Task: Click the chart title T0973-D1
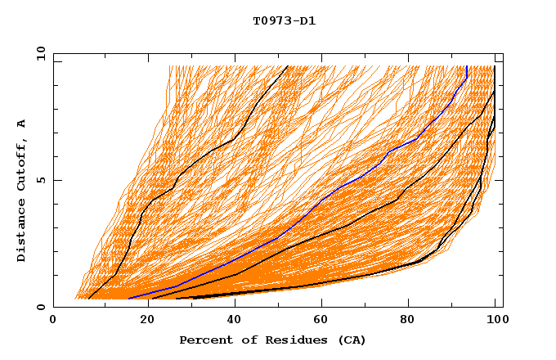[x=284, y=20]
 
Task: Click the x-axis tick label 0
[x=54, y=321]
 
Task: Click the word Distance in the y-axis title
[x=22, y=230]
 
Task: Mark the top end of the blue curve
[x=466, y=66]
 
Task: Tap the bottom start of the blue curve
[x=128, y=298]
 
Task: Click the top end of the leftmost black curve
[x=287, y=66]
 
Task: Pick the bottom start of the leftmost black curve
[x=88, y=298]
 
